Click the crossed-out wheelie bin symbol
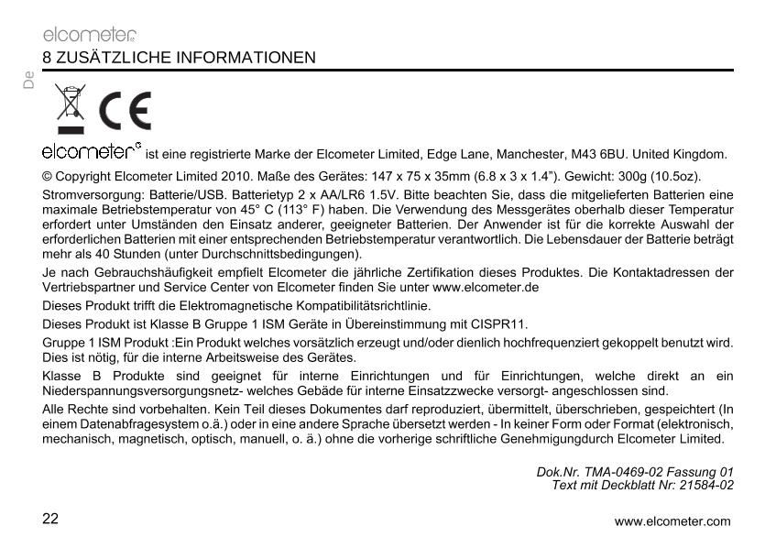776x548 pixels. (x=68, y=107)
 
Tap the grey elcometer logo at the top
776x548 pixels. (x=90, y=36)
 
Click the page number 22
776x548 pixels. (x=49, y=519)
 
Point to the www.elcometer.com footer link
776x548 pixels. (x=673, y=521)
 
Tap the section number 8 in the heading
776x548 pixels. (x=47, y=58)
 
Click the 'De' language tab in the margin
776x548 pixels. (x=28, y=82)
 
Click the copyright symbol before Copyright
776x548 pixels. (x=49, y=175)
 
